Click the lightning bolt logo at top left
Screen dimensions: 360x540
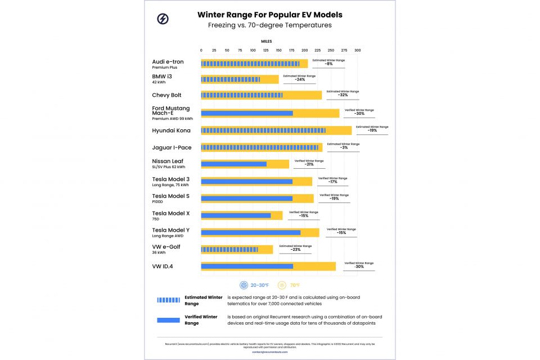[163, 19]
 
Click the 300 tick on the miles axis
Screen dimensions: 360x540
[357, 51]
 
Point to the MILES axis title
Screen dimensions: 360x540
[266, 42]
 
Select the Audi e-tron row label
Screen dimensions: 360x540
[168, 61]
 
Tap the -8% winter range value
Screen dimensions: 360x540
[328, 64]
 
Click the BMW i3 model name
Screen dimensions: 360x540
[162, 76]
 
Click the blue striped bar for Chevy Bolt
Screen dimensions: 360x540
[242, 95]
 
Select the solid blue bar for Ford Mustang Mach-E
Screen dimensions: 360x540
[247, 113]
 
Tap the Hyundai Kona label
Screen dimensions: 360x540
[171, 130]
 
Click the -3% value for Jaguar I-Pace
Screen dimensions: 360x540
[343, 147]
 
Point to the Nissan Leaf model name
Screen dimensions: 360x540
[167, 161]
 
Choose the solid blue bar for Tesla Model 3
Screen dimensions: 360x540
[247, 181]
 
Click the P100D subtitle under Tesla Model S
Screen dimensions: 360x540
[157, 201]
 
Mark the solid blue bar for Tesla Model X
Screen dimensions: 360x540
[236, 215]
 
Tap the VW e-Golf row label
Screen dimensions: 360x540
[166, 246]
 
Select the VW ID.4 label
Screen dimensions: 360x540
[163, 266]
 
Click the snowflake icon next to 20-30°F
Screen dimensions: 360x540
[244, 285]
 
